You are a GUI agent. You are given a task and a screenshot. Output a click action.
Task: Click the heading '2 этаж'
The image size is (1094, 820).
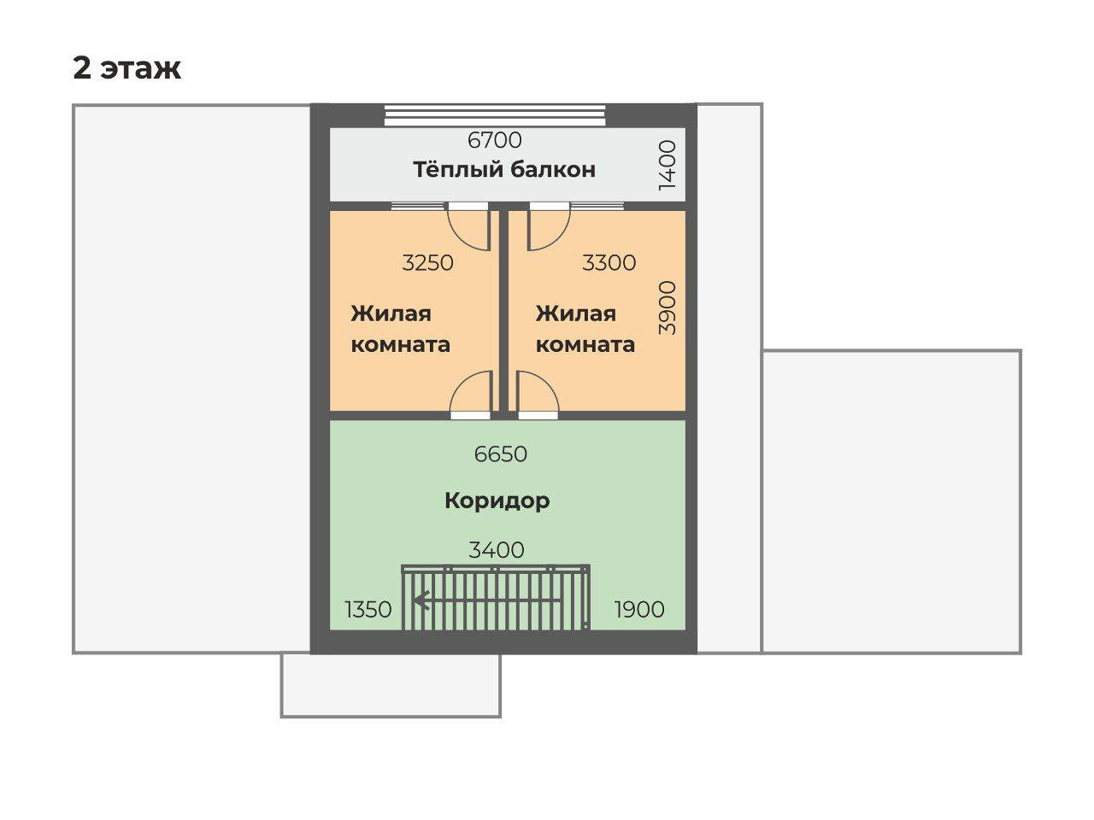126,67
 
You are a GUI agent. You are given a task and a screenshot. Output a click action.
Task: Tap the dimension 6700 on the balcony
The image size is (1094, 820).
494,139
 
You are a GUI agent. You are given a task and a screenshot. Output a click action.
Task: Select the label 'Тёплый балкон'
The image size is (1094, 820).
504,169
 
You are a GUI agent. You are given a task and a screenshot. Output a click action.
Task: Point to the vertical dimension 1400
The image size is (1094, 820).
668,165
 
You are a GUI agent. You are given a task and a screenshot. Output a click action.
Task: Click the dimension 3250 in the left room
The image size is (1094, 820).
427,262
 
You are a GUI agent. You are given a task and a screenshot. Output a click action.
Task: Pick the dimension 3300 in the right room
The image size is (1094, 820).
609,262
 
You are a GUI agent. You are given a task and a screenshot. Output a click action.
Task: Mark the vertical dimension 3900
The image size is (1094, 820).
668,307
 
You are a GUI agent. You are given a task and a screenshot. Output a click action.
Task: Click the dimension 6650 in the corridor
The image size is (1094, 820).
501,454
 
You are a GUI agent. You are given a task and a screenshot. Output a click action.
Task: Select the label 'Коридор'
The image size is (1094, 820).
497,500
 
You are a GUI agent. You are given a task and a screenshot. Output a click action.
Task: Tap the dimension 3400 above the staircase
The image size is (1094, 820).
497,550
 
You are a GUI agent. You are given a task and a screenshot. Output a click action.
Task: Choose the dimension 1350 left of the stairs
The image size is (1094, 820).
368,610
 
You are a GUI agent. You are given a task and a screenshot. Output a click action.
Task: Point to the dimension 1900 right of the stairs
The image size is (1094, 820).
639,609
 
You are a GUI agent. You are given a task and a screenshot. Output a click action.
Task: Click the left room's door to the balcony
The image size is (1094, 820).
468,227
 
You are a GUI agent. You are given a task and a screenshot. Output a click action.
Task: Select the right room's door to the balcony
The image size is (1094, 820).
549,227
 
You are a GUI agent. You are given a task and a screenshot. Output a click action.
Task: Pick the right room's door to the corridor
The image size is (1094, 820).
538,395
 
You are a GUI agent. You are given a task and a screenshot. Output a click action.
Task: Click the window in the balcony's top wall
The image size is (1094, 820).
495,114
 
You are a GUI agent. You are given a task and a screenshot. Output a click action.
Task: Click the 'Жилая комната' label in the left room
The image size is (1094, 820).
400,329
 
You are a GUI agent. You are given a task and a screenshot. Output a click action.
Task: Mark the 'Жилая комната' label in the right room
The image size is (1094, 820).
585,329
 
